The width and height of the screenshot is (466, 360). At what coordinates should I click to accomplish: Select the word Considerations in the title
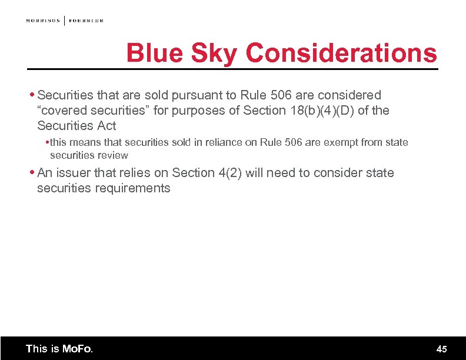342,54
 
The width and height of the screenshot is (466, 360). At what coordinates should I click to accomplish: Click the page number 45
442,349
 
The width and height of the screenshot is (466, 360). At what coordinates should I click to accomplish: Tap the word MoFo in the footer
77,349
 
